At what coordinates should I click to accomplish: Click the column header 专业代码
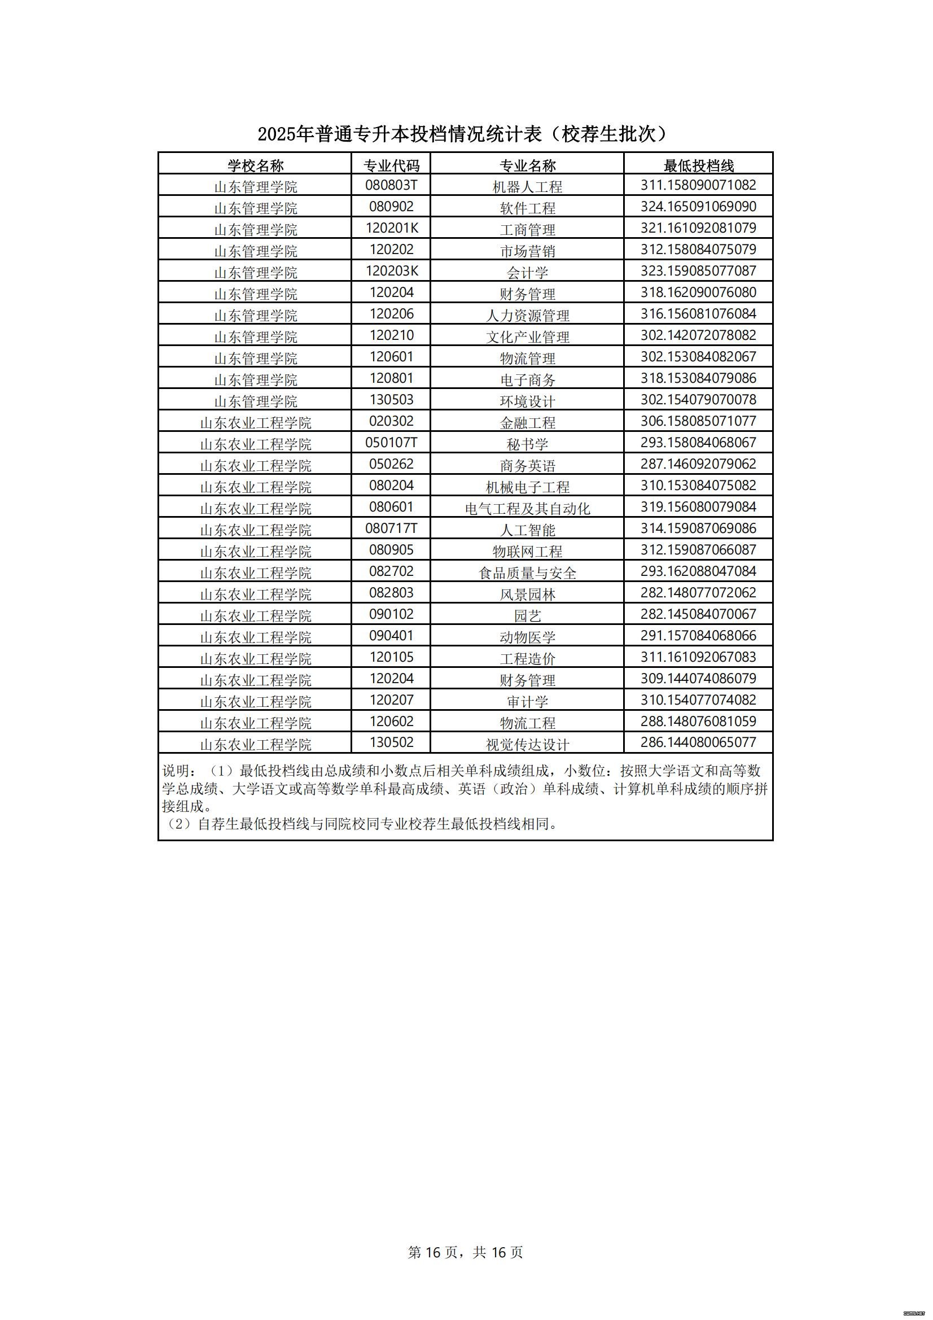392,165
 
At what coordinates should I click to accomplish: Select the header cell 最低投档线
698,165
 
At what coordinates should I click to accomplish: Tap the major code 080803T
392,185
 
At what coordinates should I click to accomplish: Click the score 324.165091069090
698,207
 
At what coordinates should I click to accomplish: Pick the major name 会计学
527,272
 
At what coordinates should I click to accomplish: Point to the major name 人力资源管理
527,315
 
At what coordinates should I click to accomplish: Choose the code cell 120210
392,335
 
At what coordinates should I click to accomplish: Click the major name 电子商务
527,379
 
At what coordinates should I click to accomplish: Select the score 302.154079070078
698,400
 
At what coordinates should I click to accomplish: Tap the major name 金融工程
527,422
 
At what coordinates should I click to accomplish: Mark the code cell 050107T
392,443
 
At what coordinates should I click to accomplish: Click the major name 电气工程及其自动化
527,508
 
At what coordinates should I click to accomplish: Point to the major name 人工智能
527,530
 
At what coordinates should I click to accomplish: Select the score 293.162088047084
698,571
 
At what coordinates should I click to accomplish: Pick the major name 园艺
527,616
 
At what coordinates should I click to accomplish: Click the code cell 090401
392,636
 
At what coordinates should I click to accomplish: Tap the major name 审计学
527,701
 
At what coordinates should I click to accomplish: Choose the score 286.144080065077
698,742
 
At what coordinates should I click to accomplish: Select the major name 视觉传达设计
527,745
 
